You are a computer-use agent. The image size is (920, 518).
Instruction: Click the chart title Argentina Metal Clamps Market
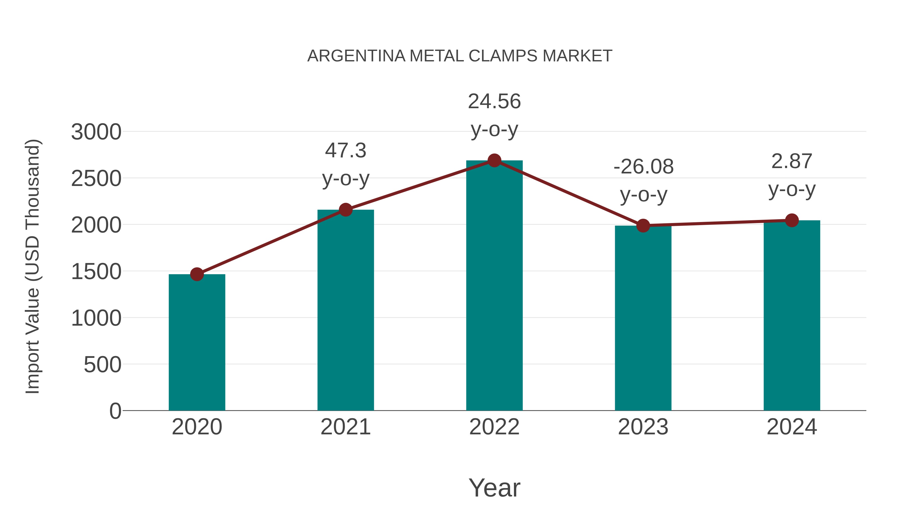click(x=460, y=56)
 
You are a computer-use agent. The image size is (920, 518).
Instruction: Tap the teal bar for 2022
click(x=494, y=286)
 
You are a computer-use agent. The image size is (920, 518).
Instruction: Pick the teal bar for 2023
click(x=643, y=318)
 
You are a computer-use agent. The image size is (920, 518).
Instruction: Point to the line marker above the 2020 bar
click(x=197, y=274)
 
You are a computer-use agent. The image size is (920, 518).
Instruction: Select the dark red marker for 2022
click(x=494, y=160)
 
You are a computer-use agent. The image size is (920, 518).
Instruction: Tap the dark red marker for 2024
click(x=792, y=220)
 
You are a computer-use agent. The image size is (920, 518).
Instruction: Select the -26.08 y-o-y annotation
click(x=643, y=181)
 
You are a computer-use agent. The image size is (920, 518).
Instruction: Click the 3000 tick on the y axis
click(x=96, y=132)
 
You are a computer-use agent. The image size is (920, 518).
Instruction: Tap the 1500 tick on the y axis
click(x=96, y=271)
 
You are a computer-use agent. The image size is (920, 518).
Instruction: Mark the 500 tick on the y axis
click(x=102, y=365)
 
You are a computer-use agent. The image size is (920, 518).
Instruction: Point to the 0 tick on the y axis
click(x=115, y=411)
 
